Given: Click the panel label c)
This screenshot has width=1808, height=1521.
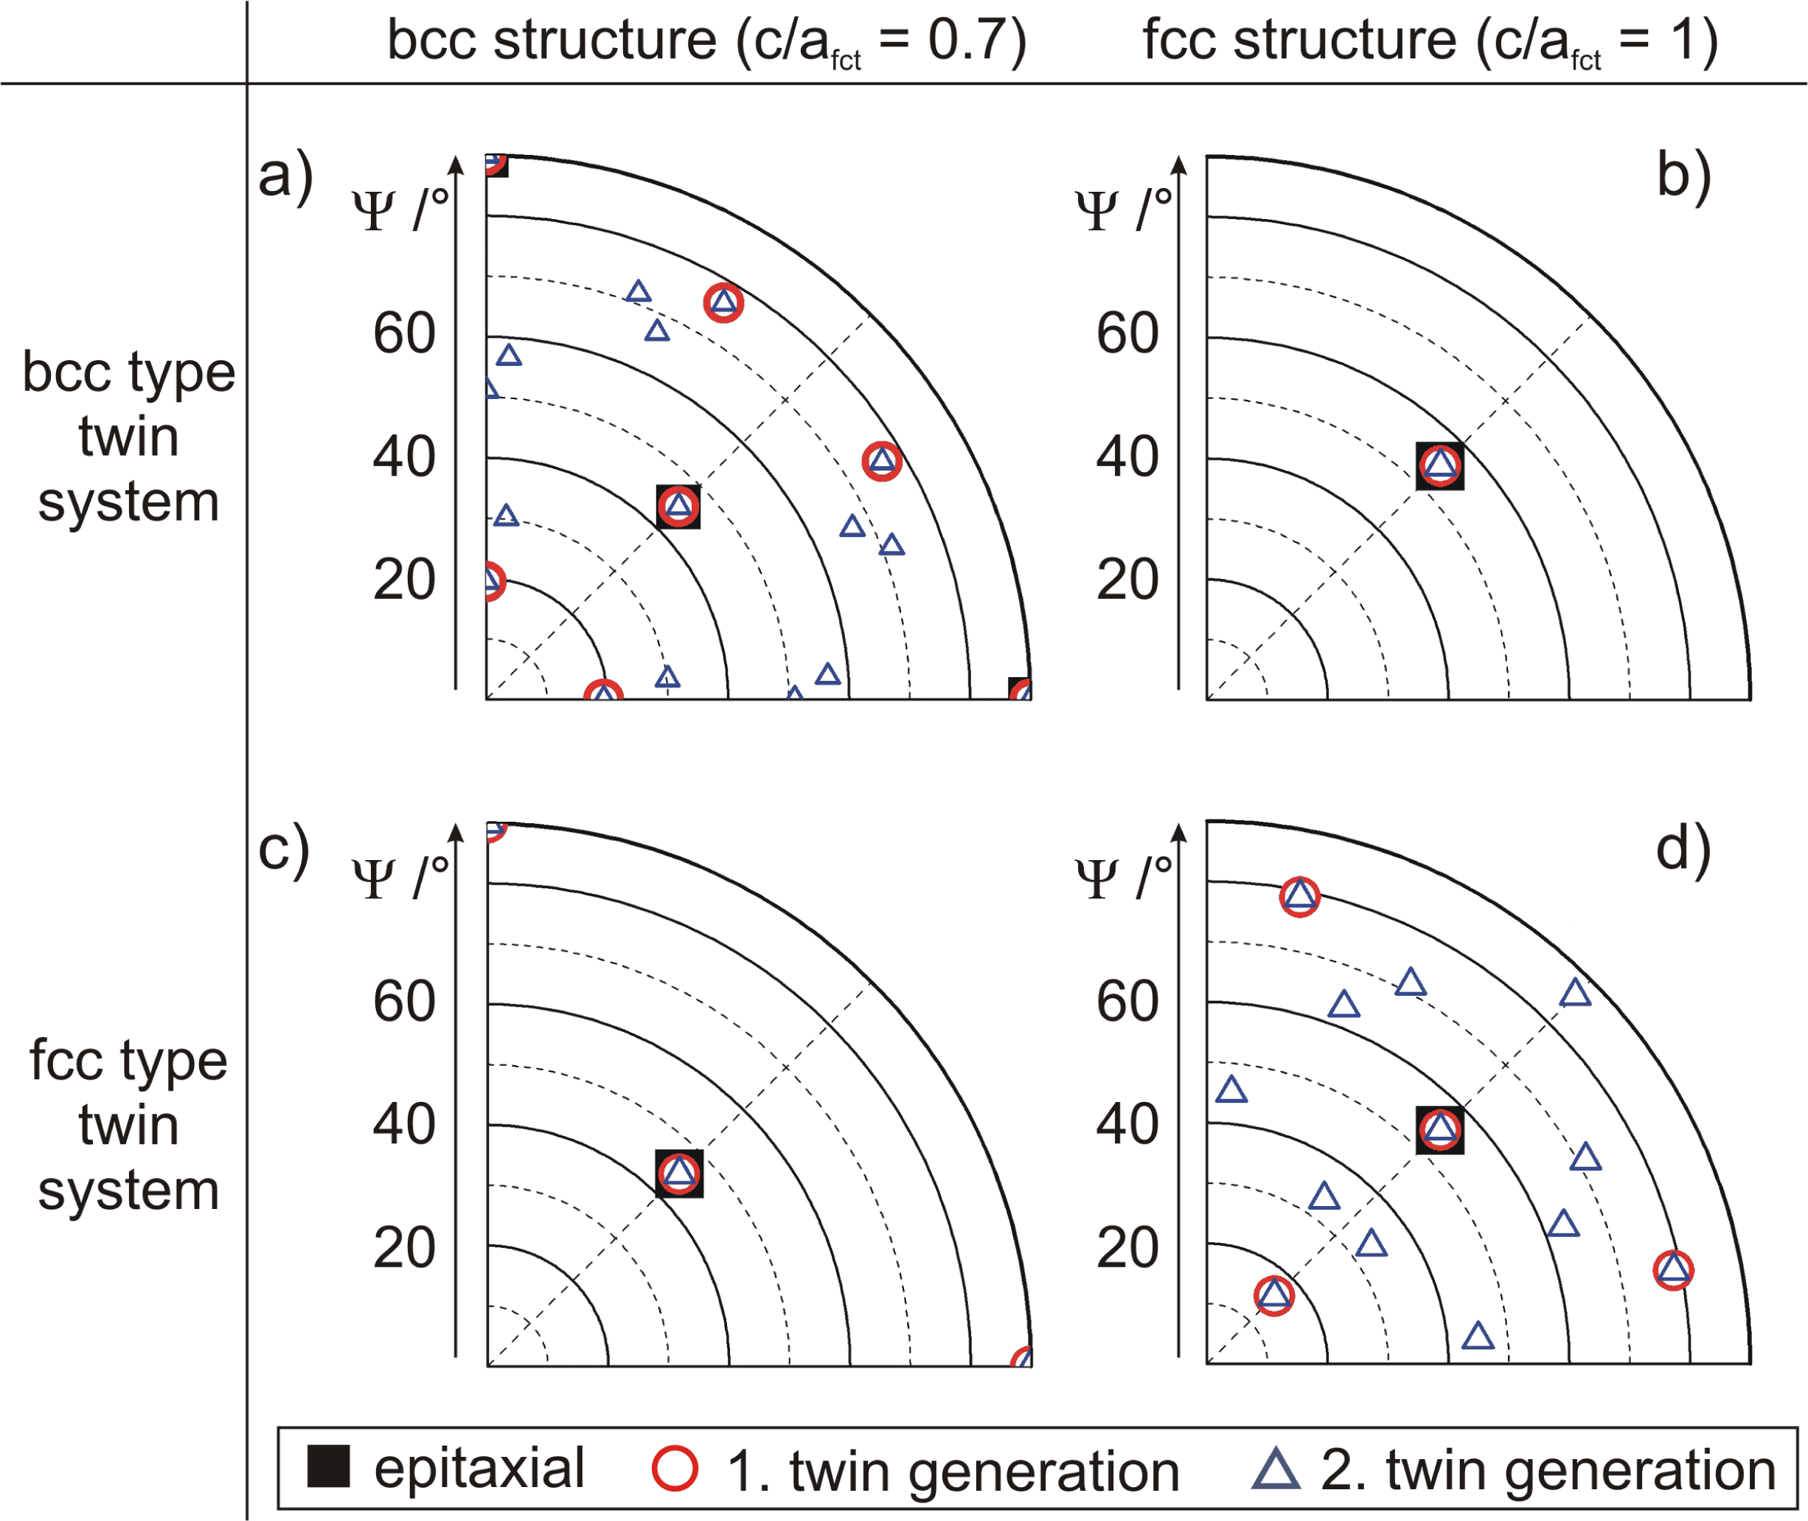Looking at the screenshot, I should [x=284, y=848].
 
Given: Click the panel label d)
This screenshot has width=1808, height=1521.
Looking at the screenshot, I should [x=1683, y=848].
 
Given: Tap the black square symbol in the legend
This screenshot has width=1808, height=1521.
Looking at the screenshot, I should [x=328, y=1466].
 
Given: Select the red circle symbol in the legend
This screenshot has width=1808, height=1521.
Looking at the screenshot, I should [x=675, y=1469].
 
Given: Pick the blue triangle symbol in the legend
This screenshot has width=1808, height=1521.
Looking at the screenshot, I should [x=1276, y=1469].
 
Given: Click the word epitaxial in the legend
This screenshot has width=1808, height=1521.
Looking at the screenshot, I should [x=479, y=1468].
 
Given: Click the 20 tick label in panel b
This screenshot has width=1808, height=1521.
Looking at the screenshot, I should [x=1127, y=580].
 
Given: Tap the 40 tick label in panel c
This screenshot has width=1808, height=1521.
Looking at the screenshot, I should [x=404, y=1124].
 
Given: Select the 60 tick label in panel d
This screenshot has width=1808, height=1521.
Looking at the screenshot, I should [x=1127, y=1002].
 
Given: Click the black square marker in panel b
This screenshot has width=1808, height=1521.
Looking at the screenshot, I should [x=1439, y=465].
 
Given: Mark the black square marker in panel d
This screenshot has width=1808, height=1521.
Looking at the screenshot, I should [x=1439, y=1129].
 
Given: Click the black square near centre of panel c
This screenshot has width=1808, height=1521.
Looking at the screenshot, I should [x=679, y=1173].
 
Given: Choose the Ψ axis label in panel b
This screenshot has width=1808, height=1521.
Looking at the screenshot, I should [x=1097, y=210].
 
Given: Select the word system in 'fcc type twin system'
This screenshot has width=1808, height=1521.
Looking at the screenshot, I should [x=128, y=1191].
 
